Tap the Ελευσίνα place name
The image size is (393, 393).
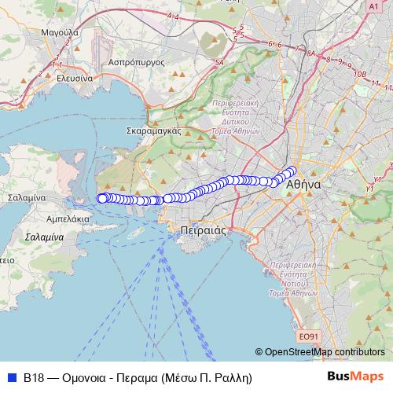coord(69,79)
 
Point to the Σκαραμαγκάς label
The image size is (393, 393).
coord(154,131)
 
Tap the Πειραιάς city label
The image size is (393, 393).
coord(197,230)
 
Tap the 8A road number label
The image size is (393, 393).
coord(310,53)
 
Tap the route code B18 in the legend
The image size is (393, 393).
coord(33,377)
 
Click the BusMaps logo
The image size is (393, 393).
coord(355,376)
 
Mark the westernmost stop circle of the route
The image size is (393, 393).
coord(101,198)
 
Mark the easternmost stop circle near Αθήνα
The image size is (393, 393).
coord(293,170)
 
